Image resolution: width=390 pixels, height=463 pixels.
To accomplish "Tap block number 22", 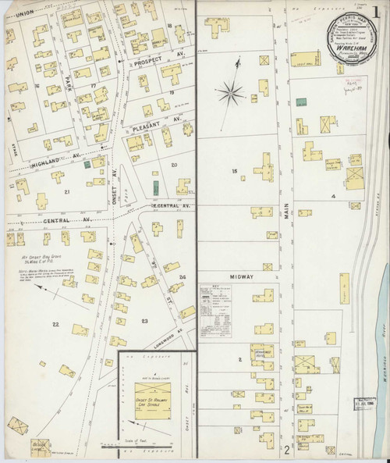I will (55, 322).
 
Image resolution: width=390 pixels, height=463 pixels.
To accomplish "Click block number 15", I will (232, 170).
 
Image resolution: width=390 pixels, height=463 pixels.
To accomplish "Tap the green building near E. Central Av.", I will (154, 187).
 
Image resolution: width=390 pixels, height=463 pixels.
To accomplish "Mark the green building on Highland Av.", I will (97, 163).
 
